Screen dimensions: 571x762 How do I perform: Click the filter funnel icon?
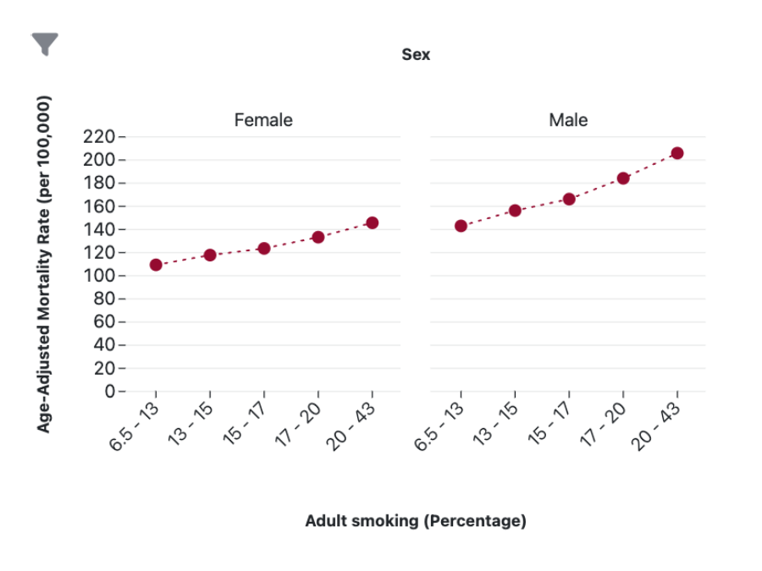coord(45,44)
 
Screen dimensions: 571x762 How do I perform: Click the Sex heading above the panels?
coord(416,55)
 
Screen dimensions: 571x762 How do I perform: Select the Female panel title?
coord(263,120)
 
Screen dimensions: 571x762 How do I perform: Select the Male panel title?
coord(568,120)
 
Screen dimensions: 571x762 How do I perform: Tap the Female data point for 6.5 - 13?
coord(156,265)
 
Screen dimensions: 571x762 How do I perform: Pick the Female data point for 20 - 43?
coord(372,222)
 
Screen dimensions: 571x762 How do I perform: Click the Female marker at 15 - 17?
coord(264,249)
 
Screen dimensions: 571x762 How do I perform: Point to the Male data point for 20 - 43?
coord(677,153)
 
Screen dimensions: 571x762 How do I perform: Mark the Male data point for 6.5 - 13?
coord(461,226)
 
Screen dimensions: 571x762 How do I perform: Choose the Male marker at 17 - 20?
coord(623,178)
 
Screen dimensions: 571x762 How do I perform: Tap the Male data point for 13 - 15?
coord(515,211)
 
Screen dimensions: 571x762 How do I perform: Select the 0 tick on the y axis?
coord(108,393)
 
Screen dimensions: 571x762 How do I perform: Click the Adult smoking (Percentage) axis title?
coord(416,521)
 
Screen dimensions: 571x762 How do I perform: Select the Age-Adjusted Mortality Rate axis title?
coord(44,264)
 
